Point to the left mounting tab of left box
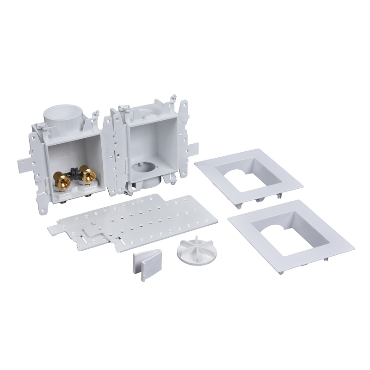[25, 162]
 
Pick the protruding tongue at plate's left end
[52, 227]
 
